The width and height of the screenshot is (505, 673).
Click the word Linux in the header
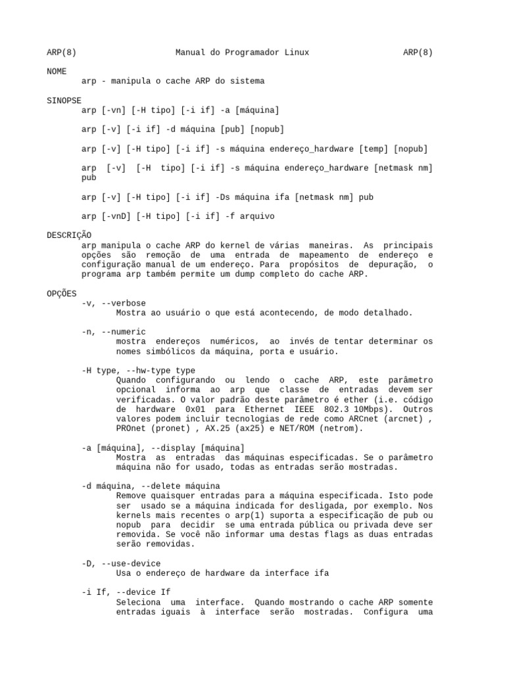click(x=295, y=52)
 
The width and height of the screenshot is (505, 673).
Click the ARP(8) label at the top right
click(x=418, y=52)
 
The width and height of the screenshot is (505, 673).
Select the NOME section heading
click(x=57, y=71)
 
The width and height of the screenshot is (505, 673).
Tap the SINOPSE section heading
click(x=64, y=101)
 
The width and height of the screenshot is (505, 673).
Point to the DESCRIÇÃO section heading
click(x=69, y=235)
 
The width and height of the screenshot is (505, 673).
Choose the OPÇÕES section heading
click(x=61, y=293)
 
